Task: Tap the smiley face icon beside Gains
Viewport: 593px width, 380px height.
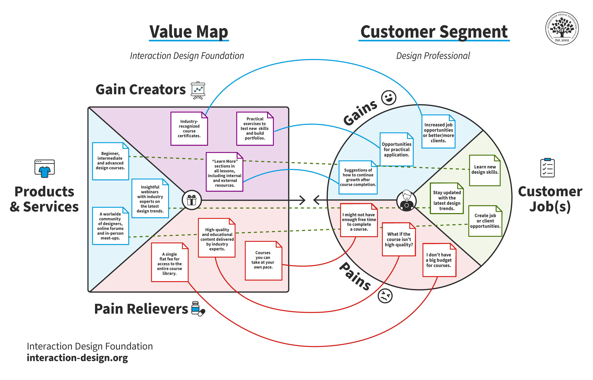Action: click(x=389, y=98)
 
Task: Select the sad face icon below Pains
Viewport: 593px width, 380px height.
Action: click(x=385, y=296)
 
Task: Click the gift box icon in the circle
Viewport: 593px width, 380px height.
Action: click(x=192, y=200)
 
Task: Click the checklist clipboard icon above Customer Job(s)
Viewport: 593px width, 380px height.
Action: click(x=547, y=168)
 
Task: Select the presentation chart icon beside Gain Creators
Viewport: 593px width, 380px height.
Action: click(x=198, y=90)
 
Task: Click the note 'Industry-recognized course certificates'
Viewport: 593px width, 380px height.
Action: click(x=189, y=129)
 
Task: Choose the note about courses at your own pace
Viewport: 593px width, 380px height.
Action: click(x=263, y=260)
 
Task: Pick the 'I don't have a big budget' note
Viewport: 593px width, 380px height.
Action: click(x=439, y=260)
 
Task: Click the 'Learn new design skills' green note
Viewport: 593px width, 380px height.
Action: click(x=485, y=170)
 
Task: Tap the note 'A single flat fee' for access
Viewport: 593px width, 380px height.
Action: click(x=170, y=262)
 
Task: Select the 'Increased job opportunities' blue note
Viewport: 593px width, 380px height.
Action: click(x=438, y=132)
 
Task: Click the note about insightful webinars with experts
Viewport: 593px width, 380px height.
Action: click(x=150, y=198)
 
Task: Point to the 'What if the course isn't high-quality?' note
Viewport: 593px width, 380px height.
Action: click(x=399, y=239)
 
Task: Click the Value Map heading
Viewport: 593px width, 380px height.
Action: click(x=189, y=32)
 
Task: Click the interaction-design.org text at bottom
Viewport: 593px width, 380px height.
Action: click(x=77, y=358)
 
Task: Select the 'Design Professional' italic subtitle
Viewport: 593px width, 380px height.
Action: click(x=433, y=56)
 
